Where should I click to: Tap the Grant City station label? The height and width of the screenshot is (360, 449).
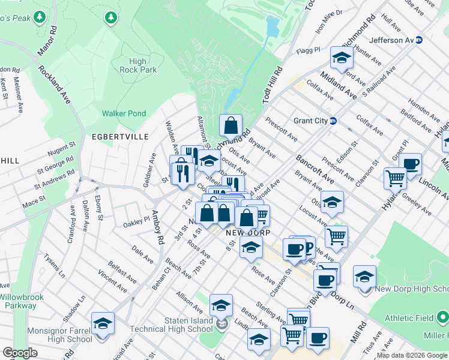click(310, 121)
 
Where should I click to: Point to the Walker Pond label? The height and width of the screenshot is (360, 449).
click(124, 113)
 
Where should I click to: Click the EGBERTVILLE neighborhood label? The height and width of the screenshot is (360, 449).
click(120, 137)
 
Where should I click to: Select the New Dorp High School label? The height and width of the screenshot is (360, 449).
click(412, 289)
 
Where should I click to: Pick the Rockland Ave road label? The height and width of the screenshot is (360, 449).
click(55, 84)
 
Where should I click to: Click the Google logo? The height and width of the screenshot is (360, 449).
click(20, 353)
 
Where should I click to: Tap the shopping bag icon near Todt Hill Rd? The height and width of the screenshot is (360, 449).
click(231, 126)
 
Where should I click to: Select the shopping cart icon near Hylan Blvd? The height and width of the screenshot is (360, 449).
click(395, 178)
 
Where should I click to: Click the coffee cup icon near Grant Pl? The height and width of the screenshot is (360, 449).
click(411, 164)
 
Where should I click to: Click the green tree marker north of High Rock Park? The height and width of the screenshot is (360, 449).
click(110, 18)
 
